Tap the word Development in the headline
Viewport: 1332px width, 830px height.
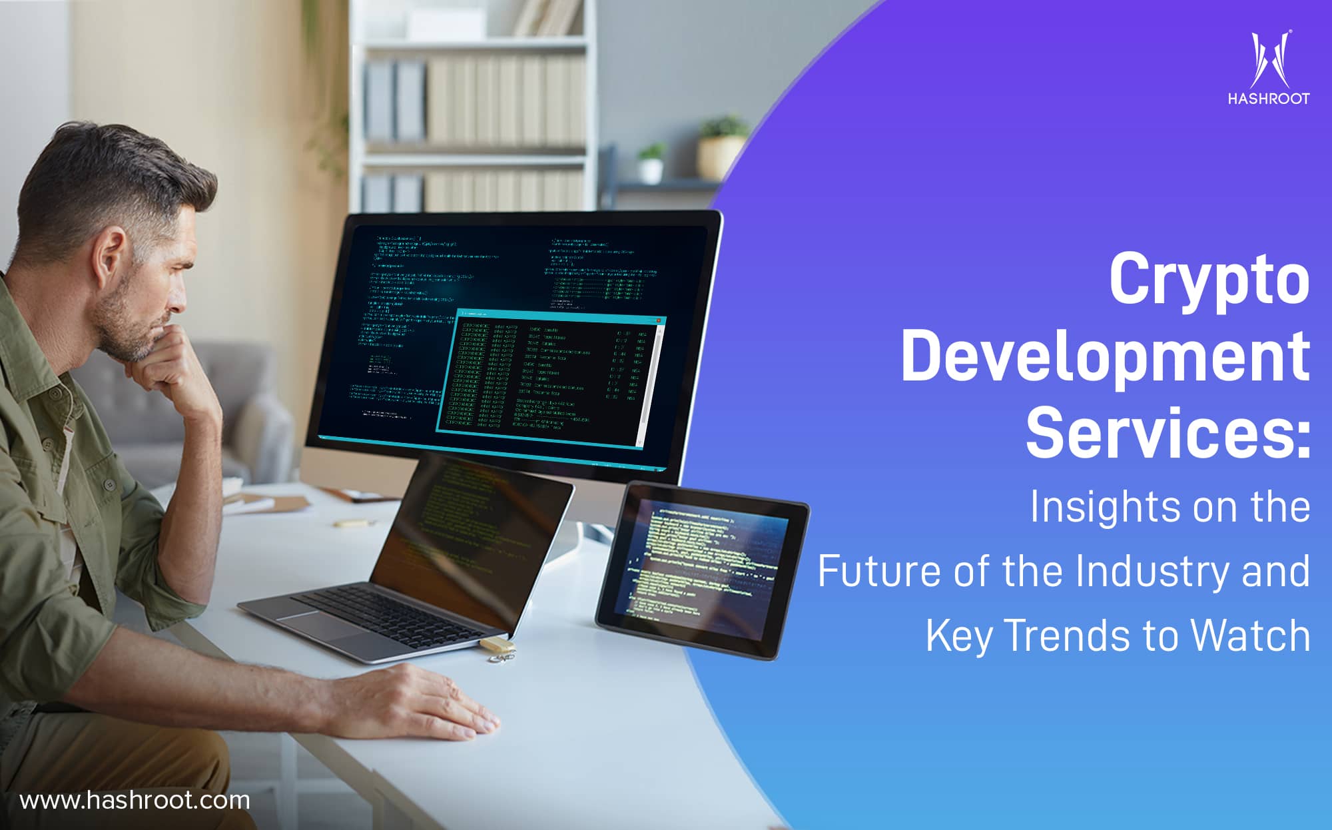[1106, 358]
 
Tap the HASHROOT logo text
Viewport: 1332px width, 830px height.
[1268, 99]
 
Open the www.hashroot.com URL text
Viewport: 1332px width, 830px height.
[135, 799]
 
